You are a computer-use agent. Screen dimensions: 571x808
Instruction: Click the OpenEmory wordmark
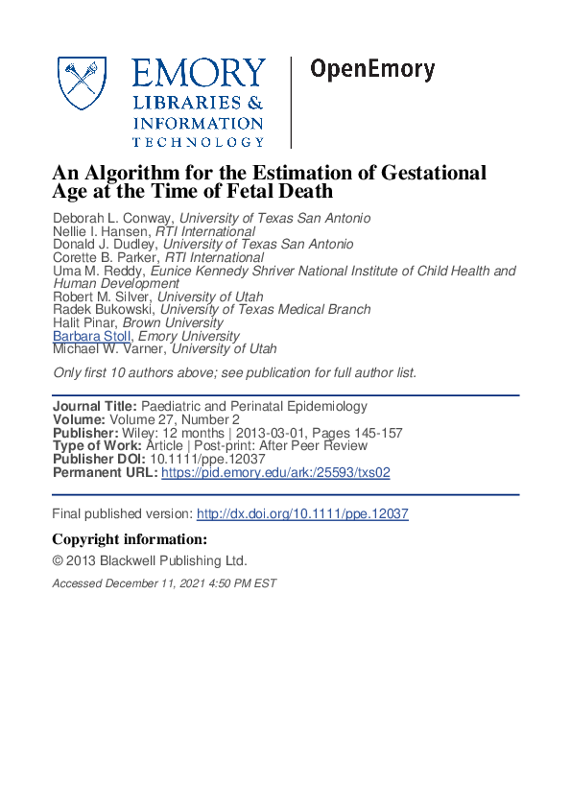point(372,70)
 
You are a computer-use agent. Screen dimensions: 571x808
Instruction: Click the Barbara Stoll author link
point(91,337)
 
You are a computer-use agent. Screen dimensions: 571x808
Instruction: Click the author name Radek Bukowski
point(103,310)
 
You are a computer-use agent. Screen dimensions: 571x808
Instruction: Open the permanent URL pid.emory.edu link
point(275,473)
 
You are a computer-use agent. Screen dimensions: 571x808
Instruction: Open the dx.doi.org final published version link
point(302,514)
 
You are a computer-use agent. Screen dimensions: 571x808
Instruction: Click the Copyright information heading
point(130,539)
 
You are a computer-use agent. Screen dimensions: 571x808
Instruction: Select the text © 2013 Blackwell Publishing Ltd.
point(150,561)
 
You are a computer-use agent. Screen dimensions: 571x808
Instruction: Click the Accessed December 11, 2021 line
point(164,583)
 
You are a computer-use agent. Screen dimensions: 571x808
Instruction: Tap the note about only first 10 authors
point(235,372)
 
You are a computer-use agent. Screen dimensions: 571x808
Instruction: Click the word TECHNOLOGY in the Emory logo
point(198,142)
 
